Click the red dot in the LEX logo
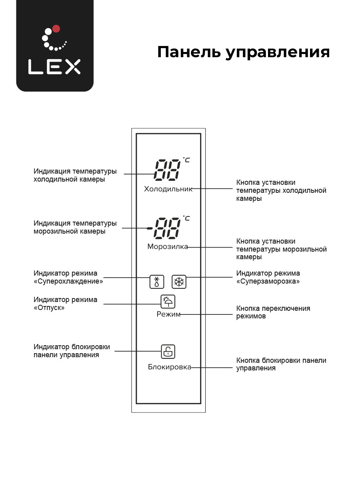56,29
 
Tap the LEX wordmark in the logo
54,67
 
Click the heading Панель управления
243,52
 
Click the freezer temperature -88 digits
164,228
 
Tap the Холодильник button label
168,189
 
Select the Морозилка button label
168,247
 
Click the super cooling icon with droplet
157,282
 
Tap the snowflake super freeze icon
179,282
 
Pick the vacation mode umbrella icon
168,301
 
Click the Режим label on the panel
168,314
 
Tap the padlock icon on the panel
168,352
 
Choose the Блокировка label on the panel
170,367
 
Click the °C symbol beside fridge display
186,160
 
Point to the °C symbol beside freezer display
186,218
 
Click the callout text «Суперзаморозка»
268,281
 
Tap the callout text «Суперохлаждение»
68,281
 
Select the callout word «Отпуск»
49,308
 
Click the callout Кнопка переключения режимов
273,312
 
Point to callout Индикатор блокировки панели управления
72,350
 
